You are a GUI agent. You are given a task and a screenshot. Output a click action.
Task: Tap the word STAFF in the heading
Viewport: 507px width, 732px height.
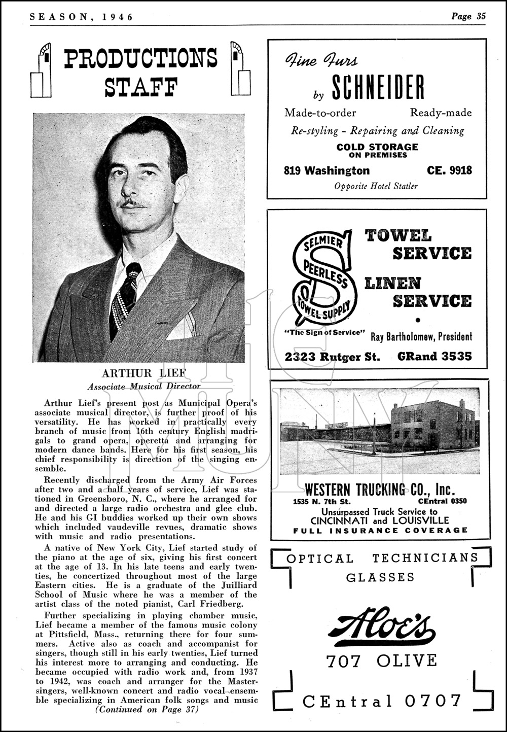point(141,87)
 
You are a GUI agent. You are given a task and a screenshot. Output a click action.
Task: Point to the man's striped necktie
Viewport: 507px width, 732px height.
point(124,297)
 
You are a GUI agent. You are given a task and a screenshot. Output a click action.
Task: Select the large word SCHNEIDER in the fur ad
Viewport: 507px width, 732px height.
point(378,87)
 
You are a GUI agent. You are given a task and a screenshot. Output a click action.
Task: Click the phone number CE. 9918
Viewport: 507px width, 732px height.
point(449,170)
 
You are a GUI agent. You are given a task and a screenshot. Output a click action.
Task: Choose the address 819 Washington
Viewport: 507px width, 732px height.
point(327,170)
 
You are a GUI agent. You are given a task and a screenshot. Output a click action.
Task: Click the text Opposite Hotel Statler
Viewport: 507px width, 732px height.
point(376,186)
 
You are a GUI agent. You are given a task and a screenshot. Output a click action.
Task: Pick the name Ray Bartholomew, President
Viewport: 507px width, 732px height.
point(421,336)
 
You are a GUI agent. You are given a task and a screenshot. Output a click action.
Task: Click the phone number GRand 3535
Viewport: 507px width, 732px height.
point(434,356)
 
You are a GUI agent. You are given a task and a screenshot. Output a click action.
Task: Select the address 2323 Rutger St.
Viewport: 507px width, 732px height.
point(332,357)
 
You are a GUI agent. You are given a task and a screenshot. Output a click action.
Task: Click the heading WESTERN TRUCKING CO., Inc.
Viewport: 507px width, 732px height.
point(380,490)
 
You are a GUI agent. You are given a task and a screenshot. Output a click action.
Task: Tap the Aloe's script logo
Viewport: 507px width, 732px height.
point(381,625)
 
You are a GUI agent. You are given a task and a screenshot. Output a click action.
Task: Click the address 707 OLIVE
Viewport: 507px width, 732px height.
point(381,661)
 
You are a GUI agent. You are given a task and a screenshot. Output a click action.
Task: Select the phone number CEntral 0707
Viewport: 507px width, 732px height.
point(382,701)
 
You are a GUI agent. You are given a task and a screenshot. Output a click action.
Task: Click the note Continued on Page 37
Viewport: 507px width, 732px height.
point(147,710)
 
